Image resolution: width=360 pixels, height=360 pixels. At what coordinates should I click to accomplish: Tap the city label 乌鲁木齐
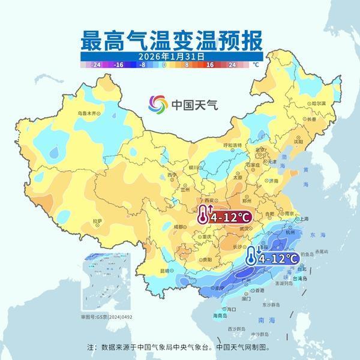86,113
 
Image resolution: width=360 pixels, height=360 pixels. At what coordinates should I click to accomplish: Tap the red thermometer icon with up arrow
205,215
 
